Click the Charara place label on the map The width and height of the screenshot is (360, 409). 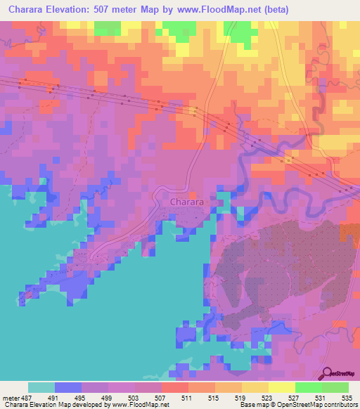[x=187, y=202]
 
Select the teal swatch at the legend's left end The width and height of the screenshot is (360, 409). [x=41, y=387]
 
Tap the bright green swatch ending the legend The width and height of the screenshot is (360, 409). [x=335, y=387]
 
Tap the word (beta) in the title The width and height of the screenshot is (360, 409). [x=274, y=8]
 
